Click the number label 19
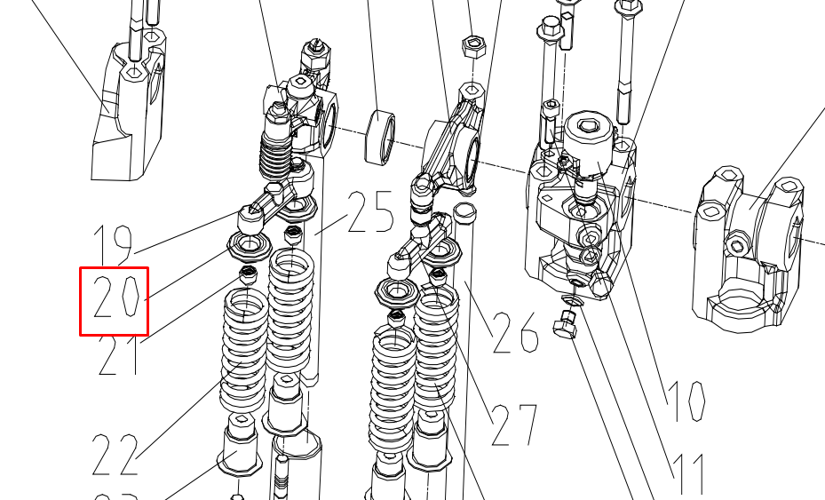coord(113,243)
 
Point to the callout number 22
coord(116,455)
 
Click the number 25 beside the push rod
coord(369,212)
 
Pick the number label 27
coord(514,425)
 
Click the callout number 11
coord(687,472)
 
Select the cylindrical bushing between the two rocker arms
coord(383,136)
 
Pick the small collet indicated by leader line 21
coord(249,275)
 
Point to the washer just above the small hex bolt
coord(571,306)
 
